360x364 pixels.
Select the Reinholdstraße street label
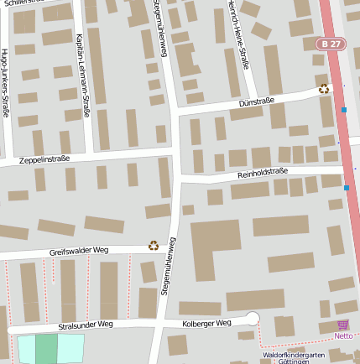(x=263, y=172)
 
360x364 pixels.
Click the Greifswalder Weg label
(x=79, y=250)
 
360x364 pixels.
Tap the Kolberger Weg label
(x=206, y=323)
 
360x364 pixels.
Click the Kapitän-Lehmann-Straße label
(x=81, y=75)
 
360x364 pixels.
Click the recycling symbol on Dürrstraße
(x=324, y=89)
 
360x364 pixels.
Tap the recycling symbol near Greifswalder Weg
(x=154, y=245)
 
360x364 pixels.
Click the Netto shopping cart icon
(x=342, y=325)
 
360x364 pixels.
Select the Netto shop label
(x=343, y=336)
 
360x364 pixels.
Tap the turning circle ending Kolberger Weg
(x=252, y=319)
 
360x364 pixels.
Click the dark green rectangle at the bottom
(x=46, y=349)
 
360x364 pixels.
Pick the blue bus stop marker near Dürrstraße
(x=344, y=110)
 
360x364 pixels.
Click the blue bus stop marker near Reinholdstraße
(x=347, y=188)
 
